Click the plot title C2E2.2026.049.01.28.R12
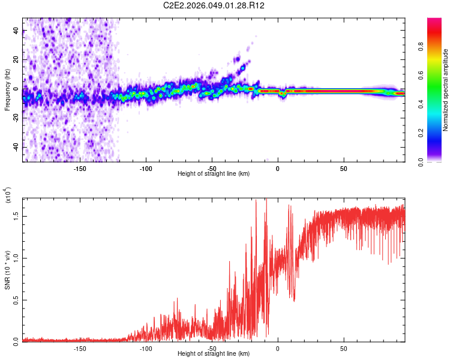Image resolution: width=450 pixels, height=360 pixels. click(214, 6)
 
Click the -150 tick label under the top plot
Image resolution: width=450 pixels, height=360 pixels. click(80, 168)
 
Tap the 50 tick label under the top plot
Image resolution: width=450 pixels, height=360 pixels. click(344, 168)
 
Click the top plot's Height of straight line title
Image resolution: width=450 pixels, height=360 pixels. click(214, 174)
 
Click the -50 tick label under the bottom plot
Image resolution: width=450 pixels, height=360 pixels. click(212, 348)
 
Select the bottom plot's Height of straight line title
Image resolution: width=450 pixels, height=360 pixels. click(214, 354)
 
